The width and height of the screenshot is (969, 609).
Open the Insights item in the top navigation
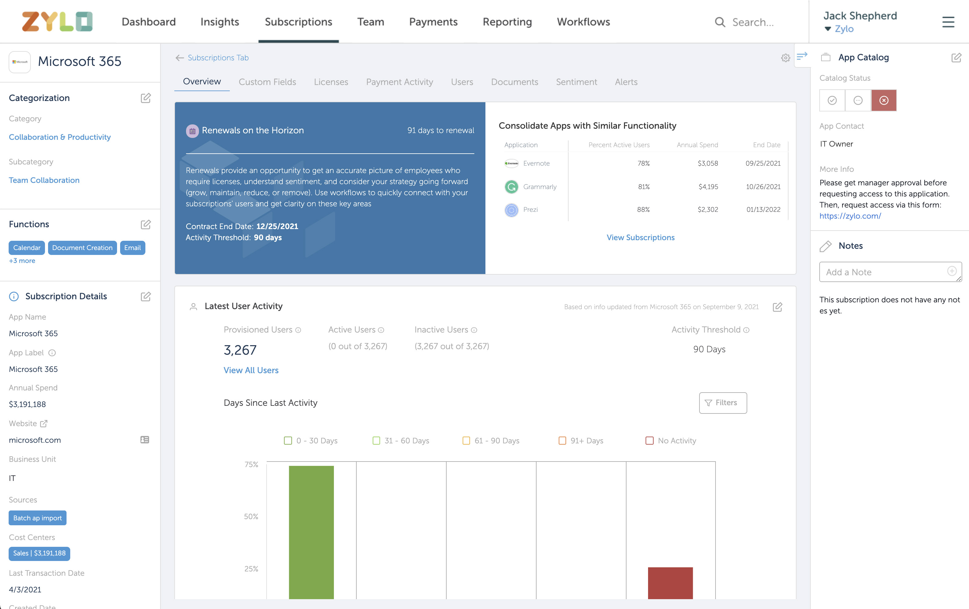(219, 22)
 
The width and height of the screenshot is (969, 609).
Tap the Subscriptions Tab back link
(218, 58)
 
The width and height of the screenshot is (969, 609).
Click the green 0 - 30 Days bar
(311, 531)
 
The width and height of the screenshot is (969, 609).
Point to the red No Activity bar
(670, 583)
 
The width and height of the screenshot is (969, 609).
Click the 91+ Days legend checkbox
(562, 441)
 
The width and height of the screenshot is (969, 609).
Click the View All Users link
(251, 370)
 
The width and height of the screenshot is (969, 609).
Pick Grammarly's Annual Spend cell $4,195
(708, 187)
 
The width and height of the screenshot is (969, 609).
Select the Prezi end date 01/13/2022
(763, 210)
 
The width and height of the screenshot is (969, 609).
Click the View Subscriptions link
(640, 237)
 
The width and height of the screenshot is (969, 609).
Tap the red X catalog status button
(884, 100)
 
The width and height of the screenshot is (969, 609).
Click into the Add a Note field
(883, 272)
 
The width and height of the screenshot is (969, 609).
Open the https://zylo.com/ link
(850, 216)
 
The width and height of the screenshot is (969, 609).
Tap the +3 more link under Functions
(22, 261)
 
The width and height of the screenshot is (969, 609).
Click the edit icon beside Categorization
(146, 98)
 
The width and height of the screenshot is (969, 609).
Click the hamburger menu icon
(948, 22)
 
